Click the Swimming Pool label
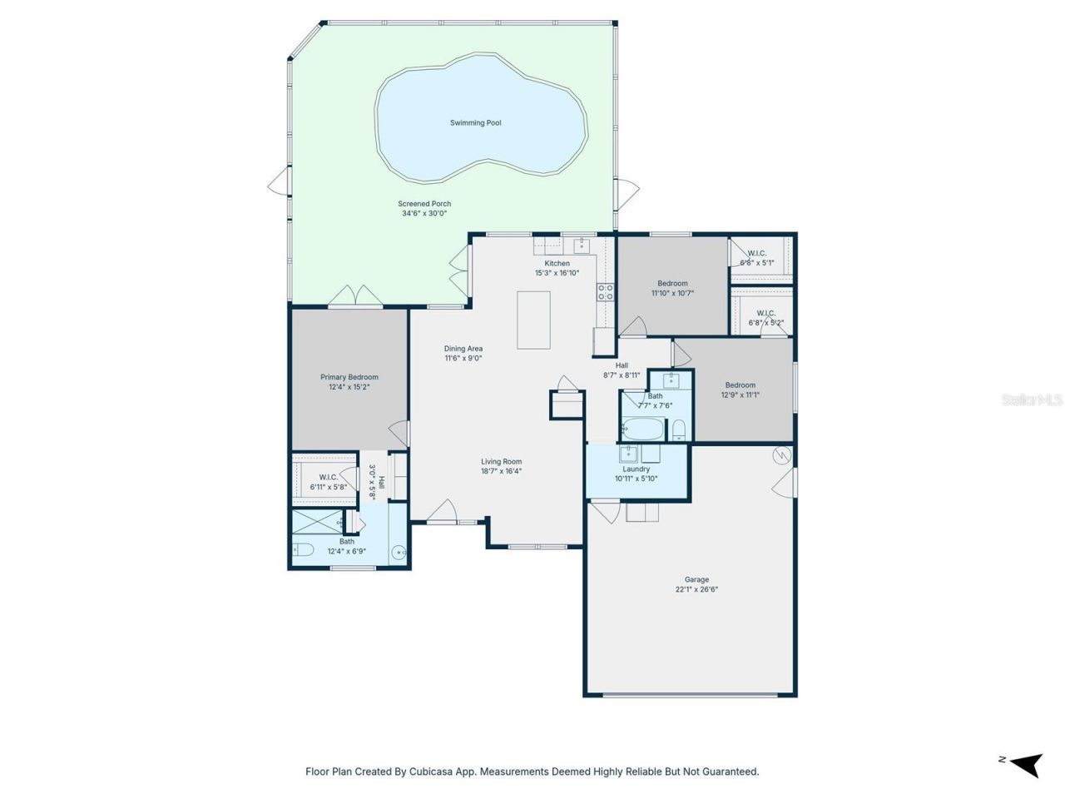[x=475, y=123]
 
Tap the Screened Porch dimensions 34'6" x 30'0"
[x=424, y=214]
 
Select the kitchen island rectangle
[x=533, y=320]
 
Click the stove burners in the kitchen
[x=606, y=292]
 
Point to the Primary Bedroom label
[x=349, y=377]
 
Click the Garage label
[x=696, y=579]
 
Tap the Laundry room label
[x=636, y=469]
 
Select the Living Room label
[x=501, y=462]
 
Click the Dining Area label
[x=463, y=349]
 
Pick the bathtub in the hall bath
[x=642, y=429]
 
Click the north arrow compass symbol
[x=1024, y=762]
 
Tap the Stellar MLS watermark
[x=1031, y=400]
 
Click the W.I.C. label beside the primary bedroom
[x=328, y=477]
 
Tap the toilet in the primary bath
[x=302, y=549]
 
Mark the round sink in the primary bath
[x=399, y=551]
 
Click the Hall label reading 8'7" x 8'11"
[x=622, y=365]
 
